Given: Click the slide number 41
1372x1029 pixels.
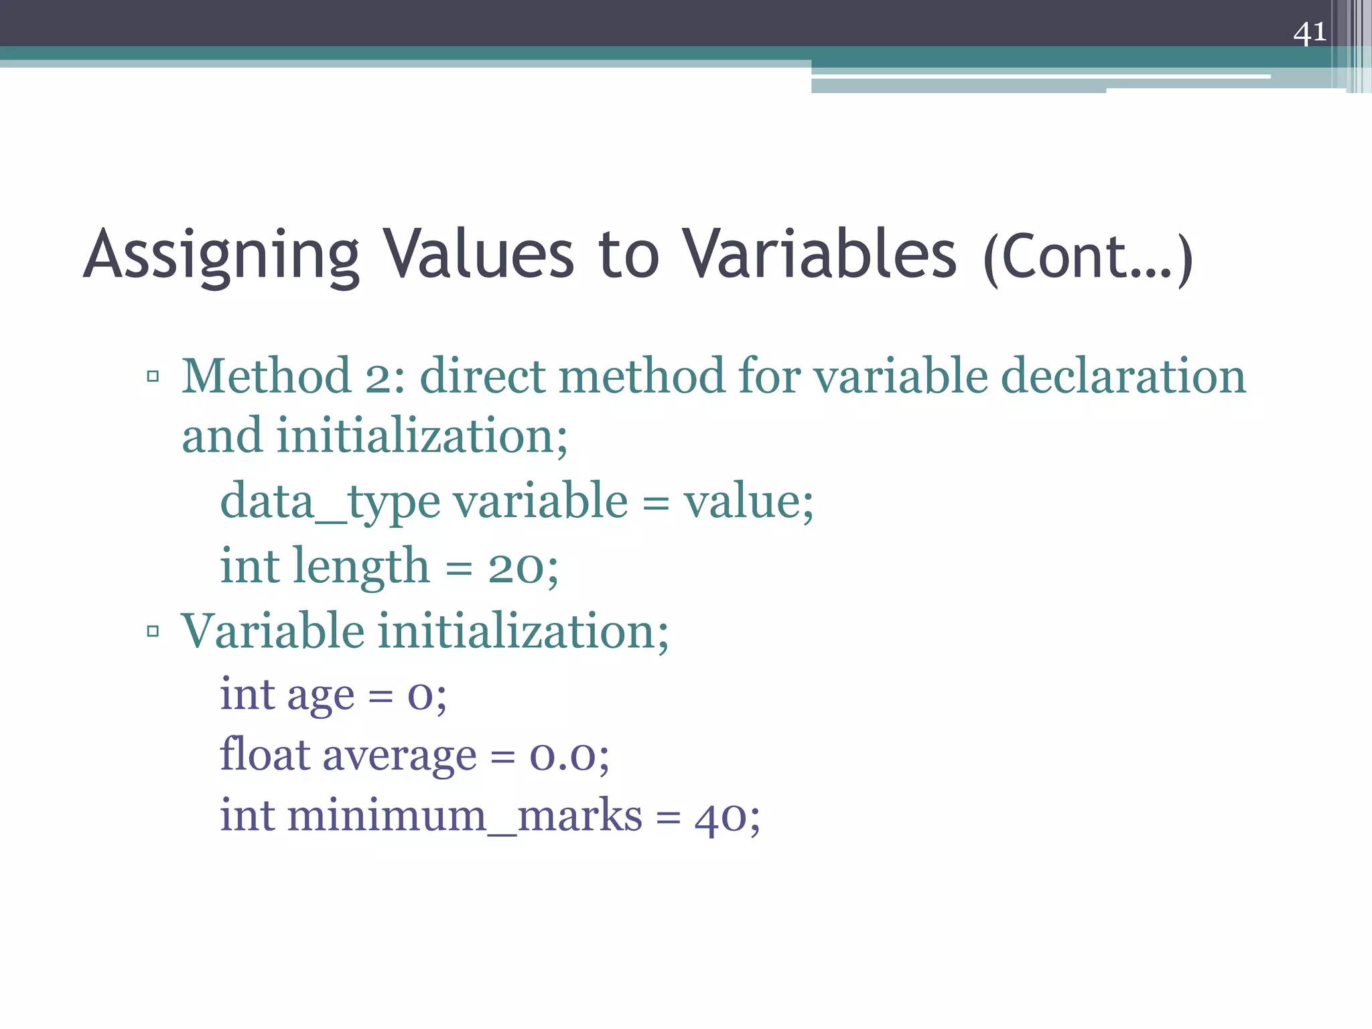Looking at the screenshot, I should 1309,32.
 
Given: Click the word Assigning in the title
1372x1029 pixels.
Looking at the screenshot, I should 222,256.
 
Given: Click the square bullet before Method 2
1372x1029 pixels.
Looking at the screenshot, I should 153,376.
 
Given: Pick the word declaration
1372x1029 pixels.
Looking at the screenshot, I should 1123,376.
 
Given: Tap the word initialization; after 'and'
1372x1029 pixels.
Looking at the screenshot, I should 422,436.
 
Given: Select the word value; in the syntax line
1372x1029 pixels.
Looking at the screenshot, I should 748,502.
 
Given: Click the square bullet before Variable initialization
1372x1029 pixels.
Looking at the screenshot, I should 153,631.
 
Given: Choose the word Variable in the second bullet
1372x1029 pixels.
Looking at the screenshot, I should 273,631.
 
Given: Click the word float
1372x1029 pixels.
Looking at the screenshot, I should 265,755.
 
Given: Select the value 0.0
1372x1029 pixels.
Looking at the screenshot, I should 563,757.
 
